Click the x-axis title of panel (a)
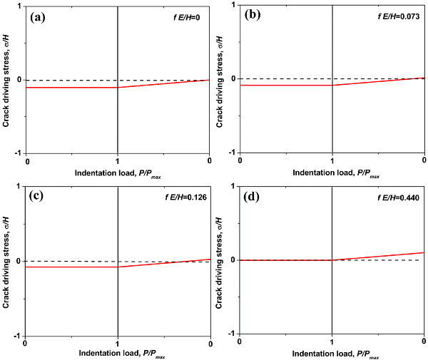pyautogui.click(x=118, y=173)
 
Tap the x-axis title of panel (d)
pyautogui.click(x=332, y=355)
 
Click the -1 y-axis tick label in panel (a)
pyautogui.click(x=20, y=153)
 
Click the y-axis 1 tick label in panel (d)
pyautogui.click(x=235, y=187)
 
